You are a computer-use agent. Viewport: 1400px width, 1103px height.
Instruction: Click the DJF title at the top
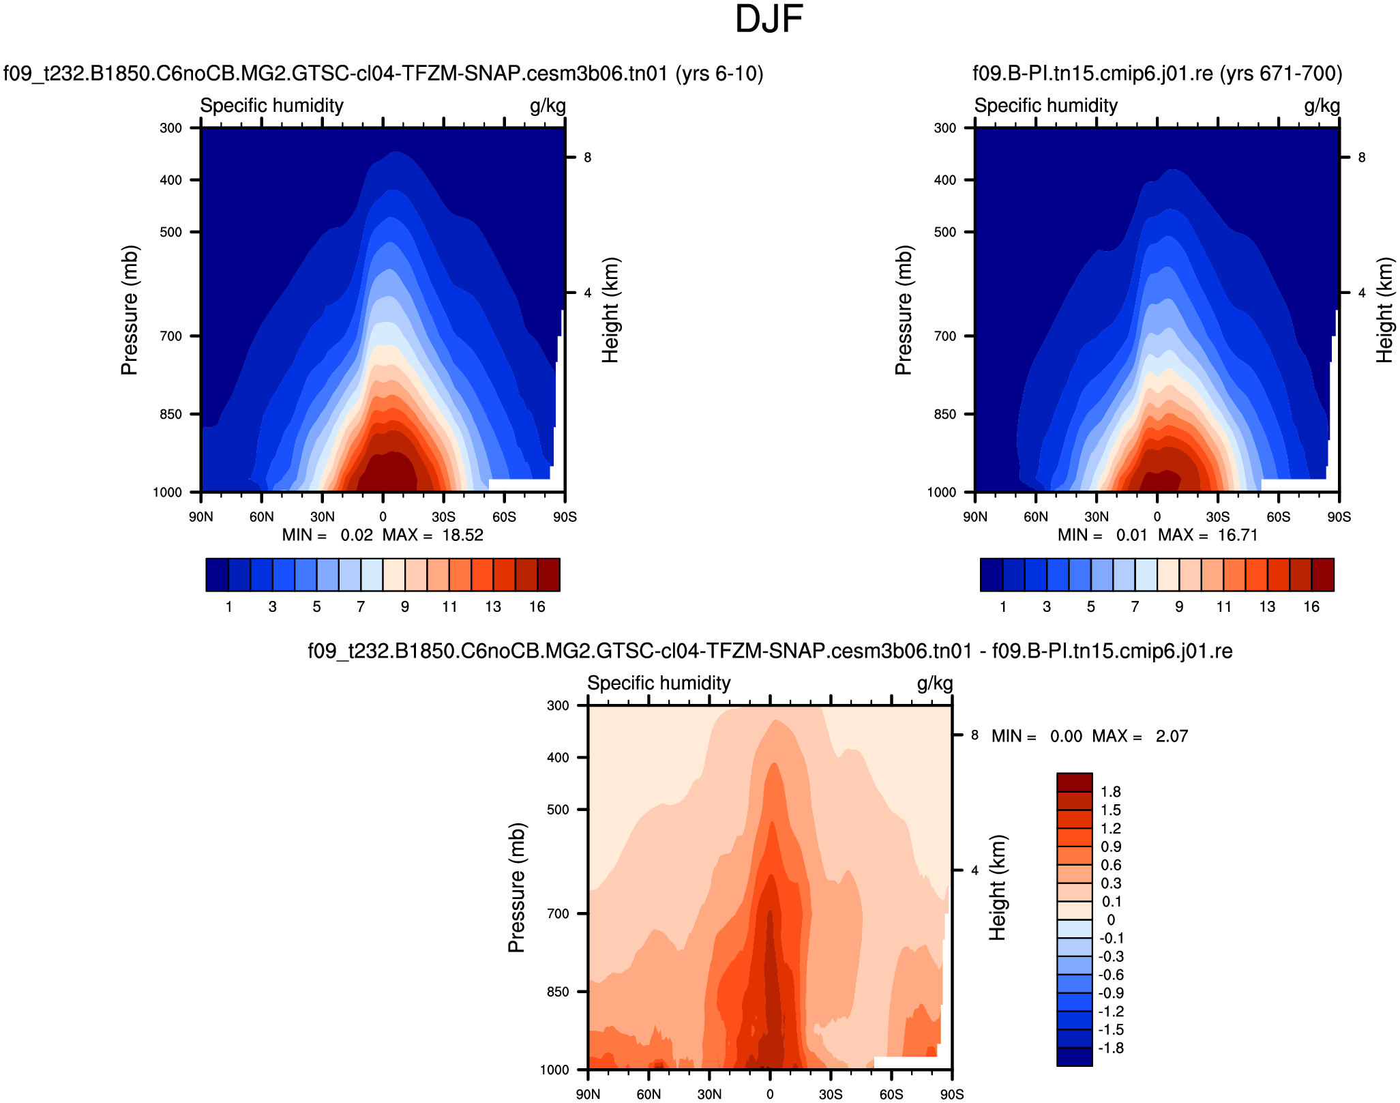[769, 19]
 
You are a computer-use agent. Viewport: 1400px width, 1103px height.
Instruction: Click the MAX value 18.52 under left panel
[462, 535]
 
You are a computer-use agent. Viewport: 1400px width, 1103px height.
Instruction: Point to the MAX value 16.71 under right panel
[1238, 535]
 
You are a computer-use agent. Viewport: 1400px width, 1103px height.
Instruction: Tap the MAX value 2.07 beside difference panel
[1172, 736]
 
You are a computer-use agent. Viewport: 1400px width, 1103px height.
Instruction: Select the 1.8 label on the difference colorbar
[1111, 791]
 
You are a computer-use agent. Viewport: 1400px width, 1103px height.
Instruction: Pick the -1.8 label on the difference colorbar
[1111, 1048]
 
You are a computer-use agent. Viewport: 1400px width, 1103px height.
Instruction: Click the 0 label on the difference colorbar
[1111, 920]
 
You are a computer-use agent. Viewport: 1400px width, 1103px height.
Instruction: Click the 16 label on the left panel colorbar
[537, 606]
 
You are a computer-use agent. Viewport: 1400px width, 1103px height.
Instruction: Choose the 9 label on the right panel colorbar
[1179, 606]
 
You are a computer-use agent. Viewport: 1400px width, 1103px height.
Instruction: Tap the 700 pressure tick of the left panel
[171, 336]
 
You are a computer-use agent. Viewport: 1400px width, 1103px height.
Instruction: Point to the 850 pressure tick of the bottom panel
[558, 992]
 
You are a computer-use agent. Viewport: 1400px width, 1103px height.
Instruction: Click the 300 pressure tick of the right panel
[945, 128]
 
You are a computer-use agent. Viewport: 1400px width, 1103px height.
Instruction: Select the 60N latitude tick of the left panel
[261, 516]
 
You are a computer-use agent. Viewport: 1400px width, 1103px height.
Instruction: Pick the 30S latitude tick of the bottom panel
[831, 1094]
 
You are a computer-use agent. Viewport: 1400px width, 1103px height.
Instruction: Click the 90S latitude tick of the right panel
[1339, 516]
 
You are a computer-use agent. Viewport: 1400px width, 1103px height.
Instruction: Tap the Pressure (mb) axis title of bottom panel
[516, 887]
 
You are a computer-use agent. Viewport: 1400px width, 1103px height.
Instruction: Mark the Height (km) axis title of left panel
[610, 310]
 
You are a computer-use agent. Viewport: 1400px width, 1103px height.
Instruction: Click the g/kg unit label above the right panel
[1322, 106]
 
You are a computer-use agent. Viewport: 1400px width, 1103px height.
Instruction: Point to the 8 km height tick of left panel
[587, 158]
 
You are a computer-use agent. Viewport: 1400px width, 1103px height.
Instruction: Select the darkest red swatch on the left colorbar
[549, 574]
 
